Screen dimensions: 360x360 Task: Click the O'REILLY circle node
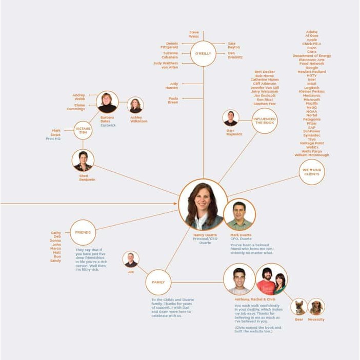[203, 54]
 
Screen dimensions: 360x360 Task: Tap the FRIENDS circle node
[83, 232]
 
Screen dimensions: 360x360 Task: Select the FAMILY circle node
[158, 282]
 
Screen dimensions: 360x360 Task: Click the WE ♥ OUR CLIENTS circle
[311, 172]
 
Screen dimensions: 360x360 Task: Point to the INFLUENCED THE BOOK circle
[265, 121]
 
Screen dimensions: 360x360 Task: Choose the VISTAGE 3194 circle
[83, 130]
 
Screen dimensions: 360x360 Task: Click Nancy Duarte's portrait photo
[204, 205]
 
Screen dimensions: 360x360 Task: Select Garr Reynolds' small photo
[231, 118]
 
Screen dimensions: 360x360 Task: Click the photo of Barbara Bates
[107, 102]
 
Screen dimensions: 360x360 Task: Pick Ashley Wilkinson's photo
[135, 106]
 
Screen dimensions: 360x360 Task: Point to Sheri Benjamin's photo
[83, 161]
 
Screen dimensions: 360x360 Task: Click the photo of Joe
[131, 259]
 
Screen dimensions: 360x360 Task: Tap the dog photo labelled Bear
[299, 307]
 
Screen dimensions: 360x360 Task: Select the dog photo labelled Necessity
[316, 307]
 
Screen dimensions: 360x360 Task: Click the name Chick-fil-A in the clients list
[312, 44]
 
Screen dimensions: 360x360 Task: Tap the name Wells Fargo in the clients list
[312, 151]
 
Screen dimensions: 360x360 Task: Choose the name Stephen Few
[265, 104]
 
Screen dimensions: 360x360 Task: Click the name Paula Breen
[173, 100]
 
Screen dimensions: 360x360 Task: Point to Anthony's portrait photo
[239, 279]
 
